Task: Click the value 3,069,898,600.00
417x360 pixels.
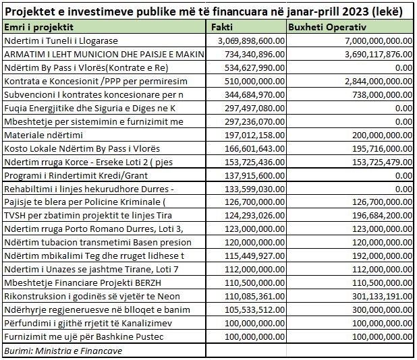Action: pyautogui.click(x=248, y=41)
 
